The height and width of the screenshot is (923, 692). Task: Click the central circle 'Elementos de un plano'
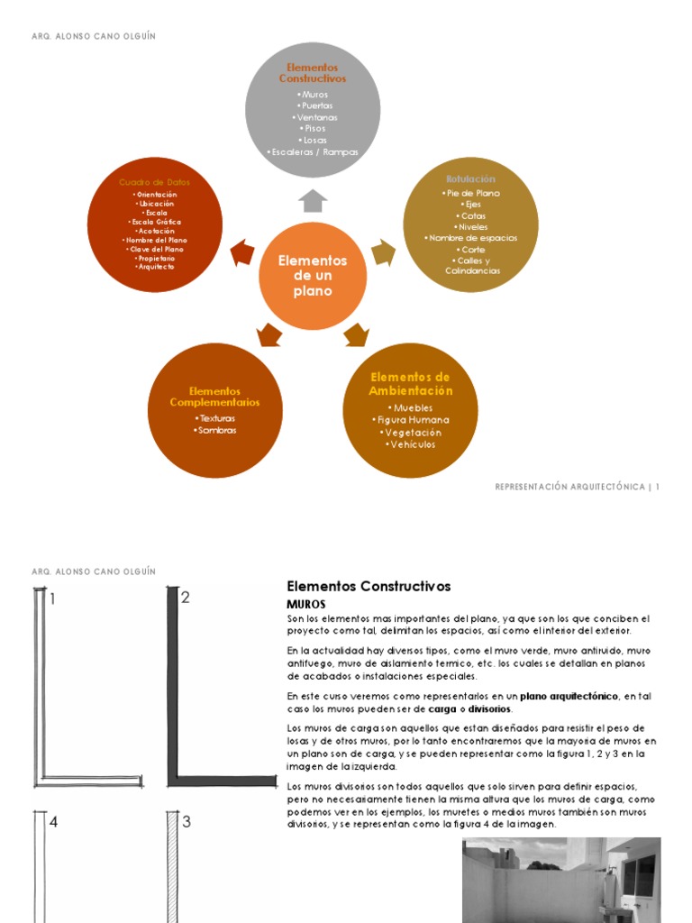(312, 276)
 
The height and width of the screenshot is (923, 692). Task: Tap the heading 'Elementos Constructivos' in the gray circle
(312, 73)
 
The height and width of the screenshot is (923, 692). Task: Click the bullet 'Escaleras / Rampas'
(314, 152)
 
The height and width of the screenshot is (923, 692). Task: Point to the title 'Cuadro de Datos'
(155, 182)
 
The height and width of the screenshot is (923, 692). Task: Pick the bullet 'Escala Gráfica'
(155, 222)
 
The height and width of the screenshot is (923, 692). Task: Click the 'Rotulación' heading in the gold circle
(470, 178)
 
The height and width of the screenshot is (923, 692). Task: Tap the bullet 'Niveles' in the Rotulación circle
(471, 227)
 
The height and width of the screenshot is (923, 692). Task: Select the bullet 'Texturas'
(215, 418)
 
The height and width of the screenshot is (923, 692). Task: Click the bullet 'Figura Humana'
(410, 420)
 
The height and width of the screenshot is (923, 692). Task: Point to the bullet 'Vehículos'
(410, 444)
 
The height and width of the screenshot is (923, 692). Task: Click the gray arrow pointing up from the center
(313, 201)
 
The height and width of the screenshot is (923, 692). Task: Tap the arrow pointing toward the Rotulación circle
(383, 252)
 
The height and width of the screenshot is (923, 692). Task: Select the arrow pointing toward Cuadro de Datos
(242, 253)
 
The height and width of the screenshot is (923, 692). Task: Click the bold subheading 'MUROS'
(305, 604)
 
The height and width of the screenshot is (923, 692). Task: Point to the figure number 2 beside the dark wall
(186, 597)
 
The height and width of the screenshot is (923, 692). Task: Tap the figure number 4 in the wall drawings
(54, 822)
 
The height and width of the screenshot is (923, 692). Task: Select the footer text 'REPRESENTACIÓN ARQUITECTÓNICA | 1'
(578, 487)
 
